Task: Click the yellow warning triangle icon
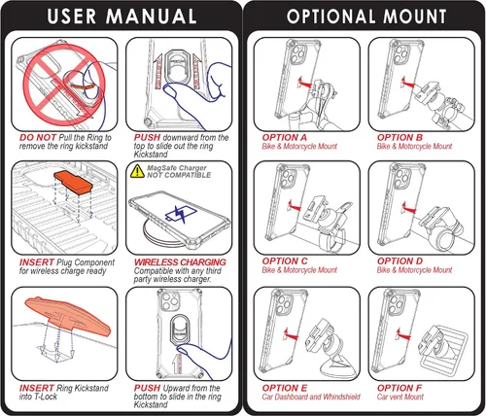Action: (x=137, y=171)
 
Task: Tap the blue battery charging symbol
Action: (x=181, y=214)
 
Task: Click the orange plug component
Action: (x=73, y=184)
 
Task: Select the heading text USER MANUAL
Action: (x=121, y=17)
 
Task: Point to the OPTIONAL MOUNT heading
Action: (x=366, y=17)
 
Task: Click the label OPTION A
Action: (x=284, y=137)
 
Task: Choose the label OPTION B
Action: (x=399, y=137)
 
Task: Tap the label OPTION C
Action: (x=285, y=261)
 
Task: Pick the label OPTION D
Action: (x=399, y=261)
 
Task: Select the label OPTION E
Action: (x=284, y=388)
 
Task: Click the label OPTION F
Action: (x=399, y=388)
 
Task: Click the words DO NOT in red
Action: (x=38, y=137)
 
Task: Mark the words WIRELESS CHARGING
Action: (x=180, y=262)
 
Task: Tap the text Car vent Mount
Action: (x=400, y=397)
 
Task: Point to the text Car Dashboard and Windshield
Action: (x=311, y=397)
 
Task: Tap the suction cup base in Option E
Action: (x=337, y=366)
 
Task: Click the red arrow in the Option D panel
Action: (x=408, y=208)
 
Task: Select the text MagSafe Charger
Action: (x=177, y=168)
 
